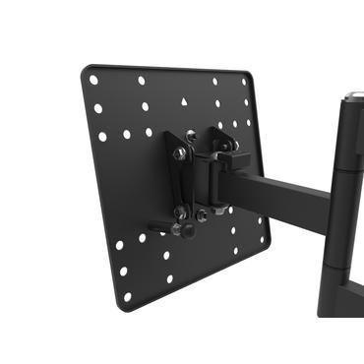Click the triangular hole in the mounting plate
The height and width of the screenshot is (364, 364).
185,101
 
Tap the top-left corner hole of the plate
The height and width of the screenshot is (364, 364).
93,80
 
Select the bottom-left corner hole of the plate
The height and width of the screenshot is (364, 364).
125,292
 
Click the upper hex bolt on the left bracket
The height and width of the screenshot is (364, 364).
179,152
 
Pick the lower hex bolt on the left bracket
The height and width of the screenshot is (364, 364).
182,211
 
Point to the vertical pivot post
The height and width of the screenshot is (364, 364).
346,197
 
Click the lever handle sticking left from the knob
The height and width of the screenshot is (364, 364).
157,233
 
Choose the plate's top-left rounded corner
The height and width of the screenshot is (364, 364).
85,71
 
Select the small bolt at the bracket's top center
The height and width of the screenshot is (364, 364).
192,135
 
